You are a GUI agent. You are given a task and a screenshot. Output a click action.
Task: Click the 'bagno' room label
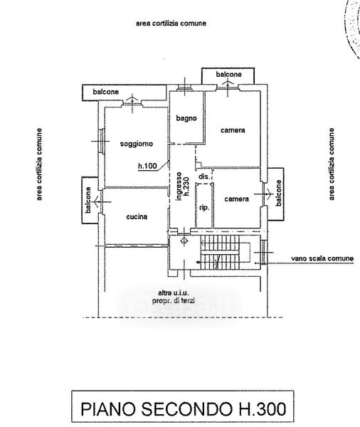[186, 118]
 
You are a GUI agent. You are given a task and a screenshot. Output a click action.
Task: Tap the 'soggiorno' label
[137, 144]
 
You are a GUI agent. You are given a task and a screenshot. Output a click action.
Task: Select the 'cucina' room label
[137, 216]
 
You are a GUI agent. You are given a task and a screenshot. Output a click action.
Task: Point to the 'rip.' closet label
[204, 208]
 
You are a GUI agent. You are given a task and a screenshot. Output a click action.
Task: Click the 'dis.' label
[204, 176]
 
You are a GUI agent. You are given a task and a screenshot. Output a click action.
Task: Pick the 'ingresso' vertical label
[179, 186]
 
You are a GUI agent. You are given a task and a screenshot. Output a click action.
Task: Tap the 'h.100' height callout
[147, 166]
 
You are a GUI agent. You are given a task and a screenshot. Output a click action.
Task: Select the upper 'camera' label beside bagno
[233, 130]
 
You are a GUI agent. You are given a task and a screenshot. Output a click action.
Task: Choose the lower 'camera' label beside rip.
[237, 199]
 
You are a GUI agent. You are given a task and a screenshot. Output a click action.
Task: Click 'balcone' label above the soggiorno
[106, 92]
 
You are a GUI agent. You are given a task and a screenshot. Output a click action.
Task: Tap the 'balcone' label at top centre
[229, 74]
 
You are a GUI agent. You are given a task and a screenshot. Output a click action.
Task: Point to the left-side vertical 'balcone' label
[88, 200]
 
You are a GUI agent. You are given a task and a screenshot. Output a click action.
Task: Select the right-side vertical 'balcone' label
[279, 193]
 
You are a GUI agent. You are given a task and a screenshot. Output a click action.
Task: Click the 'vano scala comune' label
[322, 258]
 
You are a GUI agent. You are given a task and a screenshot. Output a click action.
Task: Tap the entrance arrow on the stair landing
[184, 241]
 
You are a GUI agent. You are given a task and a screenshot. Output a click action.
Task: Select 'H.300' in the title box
[263, 408]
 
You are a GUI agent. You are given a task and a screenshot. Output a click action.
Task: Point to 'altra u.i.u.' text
[174, 293]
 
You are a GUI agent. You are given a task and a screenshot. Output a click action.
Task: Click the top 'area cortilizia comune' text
[171, 23]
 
